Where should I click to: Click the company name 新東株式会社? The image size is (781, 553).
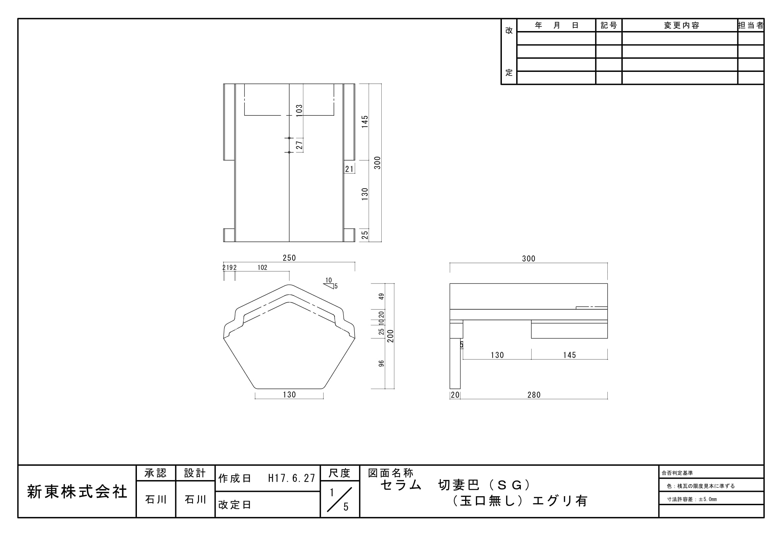77,492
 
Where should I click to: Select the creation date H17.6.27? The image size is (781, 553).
291,478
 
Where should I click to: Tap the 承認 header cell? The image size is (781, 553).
156,473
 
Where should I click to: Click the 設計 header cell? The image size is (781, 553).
195,473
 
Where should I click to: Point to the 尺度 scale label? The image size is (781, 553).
340,473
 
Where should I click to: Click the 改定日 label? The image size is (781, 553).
235,505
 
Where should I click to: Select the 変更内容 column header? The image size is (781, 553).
681,25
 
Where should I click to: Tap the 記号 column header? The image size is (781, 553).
609,25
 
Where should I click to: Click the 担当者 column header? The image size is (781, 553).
751,25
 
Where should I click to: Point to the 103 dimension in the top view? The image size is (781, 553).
299,111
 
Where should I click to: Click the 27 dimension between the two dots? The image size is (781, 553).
299,145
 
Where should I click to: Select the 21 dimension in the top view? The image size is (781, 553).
349,169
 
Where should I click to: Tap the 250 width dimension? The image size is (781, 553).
289,258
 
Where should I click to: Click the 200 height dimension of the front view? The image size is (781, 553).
391,336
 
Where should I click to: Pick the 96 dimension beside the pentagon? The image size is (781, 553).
381,364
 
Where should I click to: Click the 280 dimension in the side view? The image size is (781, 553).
534,395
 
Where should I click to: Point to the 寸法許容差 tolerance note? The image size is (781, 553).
692,500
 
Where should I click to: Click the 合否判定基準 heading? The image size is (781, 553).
677,473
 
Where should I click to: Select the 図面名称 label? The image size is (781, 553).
391,473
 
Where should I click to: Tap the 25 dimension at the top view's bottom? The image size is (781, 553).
365,235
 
